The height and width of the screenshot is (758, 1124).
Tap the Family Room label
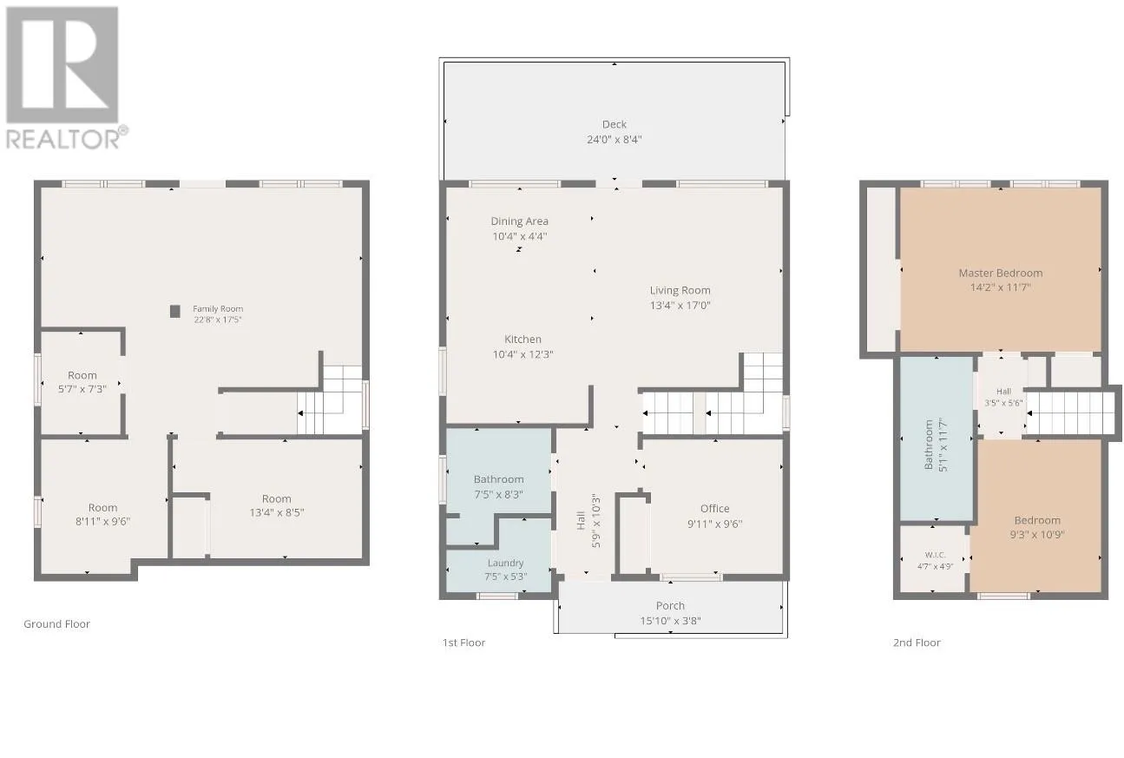(x=218, y=309)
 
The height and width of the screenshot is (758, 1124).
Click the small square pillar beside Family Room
(x=174, y=311)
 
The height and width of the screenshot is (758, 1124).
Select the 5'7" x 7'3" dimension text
(x=82, y=389)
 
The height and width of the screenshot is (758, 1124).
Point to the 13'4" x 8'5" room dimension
(x=277, y=512)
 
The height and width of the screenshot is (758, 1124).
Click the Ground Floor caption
(x=56, y=624)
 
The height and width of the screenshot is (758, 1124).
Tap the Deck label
(x=615, y=124)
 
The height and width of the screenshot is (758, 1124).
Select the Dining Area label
(x=519, y=221)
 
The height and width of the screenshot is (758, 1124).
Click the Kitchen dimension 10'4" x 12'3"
(x=523, y=354)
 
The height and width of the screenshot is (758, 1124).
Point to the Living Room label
(x=680, y=290)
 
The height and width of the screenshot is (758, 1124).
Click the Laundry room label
(x=505, y=564)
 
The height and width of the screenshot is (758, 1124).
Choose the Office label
(x=714, y=509)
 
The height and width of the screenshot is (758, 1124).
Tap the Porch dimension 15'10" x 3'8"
(x=670, y=621)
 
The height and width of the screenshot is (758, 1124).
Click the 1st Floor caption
(x=463, y=643)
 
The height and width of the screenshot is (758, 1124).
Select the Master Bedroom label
(x=1001, y=274)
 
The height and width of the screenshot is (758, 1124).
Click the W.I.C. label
(x=936, y=555)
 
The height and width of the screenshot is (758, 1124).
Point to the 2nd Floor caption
(x=917, y=643)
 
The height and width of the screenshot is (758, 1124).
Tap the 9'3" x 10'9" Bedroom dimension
(x=1037, y=535)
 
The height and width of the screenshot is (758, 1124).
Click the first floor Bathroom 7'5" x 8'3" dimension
(x=499, y=494)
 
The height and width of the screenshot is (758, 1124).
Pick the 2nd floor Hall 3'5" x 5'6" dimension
(x=1003, y=403)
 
